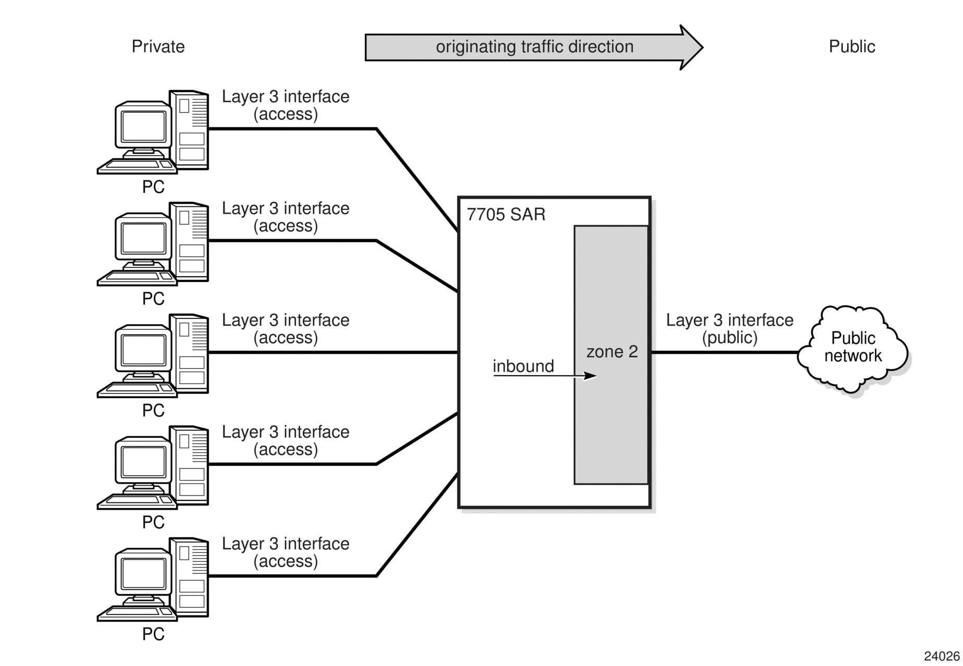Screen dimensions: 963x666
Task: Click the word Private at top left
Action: (x=158, y=46)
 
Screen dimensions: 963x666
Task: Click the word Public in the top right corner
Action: (x=851, y=46)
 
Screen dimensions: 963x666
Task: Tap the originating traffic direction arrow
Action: (x=534, y=47)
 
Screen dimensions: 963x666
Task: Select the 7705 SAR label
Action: (x=506, y=214)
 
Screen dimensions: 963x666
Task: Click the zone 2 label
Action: (x=612, y=352)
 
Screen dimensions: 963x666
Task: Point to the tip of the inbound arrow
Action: (x=596, y=375)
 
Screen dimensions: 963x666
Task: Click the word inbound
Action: (x=523, y=366)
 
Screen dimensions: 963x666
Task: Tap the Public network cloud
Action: (x=853, y=349)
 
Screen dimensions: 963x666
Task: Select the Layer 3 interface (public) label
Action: (x=730, y=328)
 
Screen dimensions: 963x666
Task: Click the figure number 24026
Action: (x=942, y=656)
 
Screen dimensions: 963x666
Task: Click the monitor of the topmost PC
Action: (x=143, y=128)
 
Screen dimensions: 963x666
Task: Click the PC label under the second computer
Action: (x=153, y=299)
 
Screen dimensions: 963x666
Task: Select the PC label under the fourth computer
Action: (x=153, y=522)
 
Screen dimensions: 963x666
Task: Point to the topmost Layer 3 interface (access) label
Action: (x=286, y=105)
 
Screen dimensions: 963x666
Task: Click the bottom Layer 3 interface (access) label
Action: (x=286, y=552)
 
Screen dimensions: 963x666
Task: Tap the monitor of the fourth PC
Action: (x=143, y=463)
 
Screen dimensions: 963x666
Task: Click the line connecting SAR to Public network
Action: (x=725, y=352)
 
